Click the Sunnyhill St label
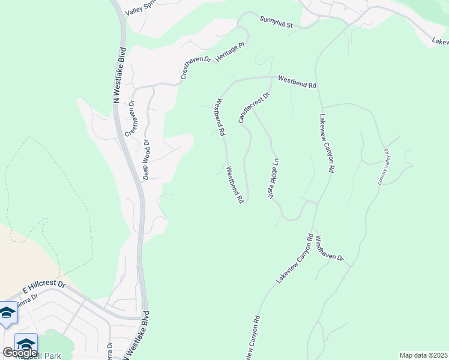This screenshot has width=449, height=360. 276,23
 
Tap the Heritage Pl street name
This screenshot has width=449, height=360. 231,54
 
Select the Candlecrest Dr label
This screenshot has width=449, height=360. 255,107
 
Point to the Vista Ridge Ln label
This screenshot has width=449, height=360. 273,179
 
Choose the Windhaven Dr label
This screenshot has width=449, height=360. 328,248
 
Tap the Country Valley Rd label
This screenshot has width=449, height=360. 383,166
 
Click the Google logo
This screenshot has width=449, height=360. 20,352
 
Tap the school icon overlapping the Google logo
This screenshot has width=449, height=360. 26,344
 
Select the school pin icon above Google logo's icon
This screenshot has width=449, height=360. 8,313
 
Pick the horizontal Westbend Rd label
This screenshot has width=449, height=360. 297,82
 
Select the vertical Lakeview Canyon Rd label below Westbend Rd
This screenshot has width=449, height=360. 327,143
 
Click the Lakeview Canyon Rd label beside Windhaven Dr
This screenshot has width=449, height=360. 295,258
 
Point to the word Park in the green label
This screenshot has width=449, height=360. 52,356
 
